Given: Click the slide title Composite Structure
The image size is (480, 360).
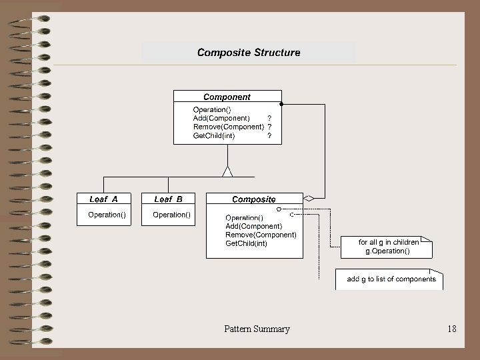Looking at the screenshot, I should tap(248, 53).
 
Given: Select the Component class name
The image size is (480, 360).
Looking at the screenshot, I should tap(227, 97).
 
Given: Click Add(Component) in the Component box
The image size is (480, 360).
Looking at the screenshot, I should tap(221, 118).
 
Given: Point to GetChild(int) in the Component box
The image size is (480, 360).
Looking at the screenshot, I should tap(213, 135).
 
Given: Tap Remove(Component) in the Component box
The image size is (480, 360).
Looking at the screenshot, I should tap(228, 127).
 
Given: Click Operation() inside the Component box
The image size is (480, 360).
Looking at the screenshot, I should tap(212, 109).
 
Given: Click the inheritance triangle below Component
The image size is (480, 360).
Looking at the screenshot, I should tap(227, 171).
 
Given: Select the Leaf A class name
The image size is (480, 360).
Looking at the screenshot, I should tap(103, 199).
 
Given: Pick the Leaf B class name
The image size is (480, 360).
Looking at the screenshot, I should tap(168, 199).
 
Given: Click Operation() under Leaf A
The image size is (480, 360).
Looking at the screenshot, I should tap(107, 215).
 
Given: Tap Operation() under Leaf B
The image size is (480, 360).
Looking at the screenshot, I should tap(171, 215).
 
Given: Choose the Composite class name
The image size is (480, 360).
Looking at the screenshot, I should tap(253, 199).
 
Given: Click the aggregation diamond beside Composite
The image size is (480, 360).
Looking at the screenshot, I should tap(309, 198).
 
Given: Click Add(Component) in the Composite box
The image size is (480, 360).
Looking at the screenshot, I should tap(253, 226).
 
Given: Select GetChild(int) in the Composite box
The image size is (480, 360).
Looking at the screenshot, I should tap(246, 243).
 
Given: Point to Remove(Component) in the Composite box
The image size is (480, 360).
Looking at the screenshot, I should tap(261, 235).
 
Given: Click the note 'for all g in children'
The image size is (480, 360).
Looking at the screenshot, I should tap(388, 247).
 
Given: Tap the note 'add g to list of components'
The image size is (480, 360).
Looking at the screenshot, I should tap(391, 279).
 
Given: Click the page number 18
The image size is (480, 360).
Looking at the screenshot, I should tap(452, 329).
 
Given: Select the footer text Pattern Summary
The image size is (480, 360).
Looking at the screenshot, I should tap(257, 329).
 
